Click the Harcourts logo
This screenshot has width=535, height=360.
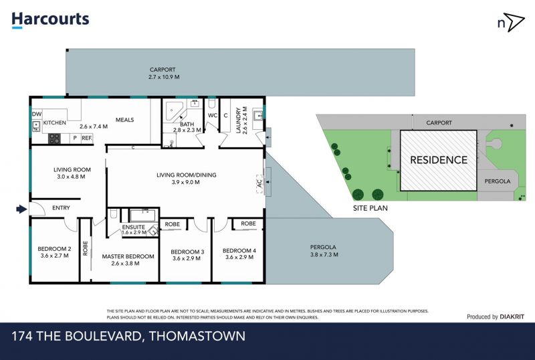51,20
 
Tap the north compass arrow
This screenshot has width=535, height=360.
514,22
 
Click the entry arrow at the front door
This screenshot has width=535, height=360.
21,209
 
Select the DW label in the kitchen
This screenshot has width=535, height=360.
37,114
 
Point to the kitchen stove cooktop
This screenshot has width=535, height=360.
54,139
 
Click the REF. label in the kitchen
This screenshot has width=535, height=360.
87,139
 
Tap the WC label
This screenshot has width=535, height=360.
213,116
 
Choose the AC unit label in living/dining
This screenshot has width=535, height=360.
259,184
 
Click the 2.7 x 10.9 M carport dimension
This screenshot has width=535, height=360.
164,77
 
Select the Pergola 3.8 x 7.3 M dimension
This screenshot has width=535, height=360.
324,254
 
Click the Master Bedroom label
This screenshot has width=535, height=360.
128,256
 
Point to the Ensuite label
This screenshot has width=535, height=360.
133,227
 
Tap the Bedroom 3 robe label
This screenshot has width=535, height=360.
173,224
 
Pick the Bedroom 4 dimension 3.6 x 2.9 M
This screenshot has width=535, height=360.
239,257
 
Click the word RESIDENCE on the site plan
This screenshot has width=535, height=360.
439,160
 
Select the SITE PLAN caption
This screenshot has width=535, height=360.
370,208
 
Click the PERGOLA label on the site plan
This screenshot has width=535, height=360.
498,181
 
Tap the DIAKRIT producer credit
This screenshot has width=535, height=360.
512,317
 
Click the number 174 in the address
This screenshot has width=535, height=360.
22,336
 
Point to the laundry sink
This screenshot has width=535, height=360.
257,116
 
